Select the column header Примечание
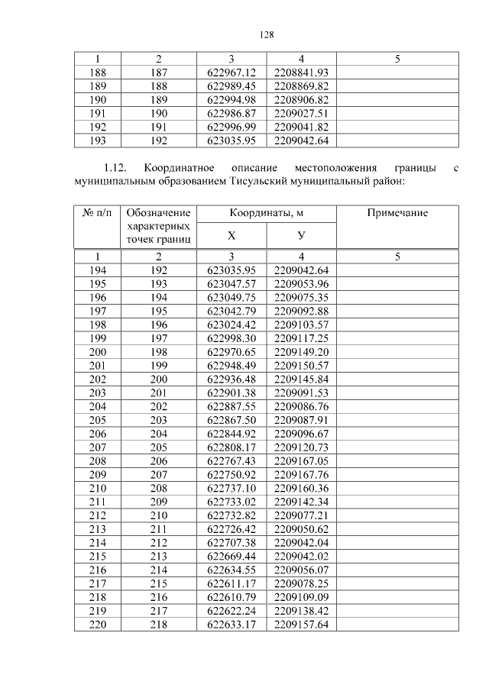pyautogui.click(x=397, y=213)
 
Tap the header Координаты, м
pyautogui.click(x=266, y=213)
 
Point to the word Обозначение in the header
pyautogui.click(x=159, y=213)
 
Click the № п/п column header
pyautogui.click(x=97, y=213)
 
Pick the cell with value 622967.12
pyautogui.click(x=231, y=72)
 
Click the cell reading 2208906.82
pyautogui.click(x=301, y=99)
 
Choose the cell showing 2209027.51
pyautogui.click(x=301, y=113)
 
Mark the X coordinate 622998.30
pyautogui.click(x=231, y=338)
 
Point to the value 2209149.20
pyautogui.click(x=301, y=352)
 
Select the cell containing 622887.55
pyautogui.click(x=231, y=407)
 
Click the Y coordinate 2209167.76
pyautogui.click(x=301, y=475)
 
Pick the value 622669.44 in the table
pyautogui.click(x=231, y=556)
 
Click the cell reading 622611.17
pyautogui.click(x=231, y=583)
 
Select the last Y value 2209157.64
pyautogui.click(x=301, y=624)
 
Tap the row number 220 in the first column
pyautogui.click(x=97, y=624)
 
